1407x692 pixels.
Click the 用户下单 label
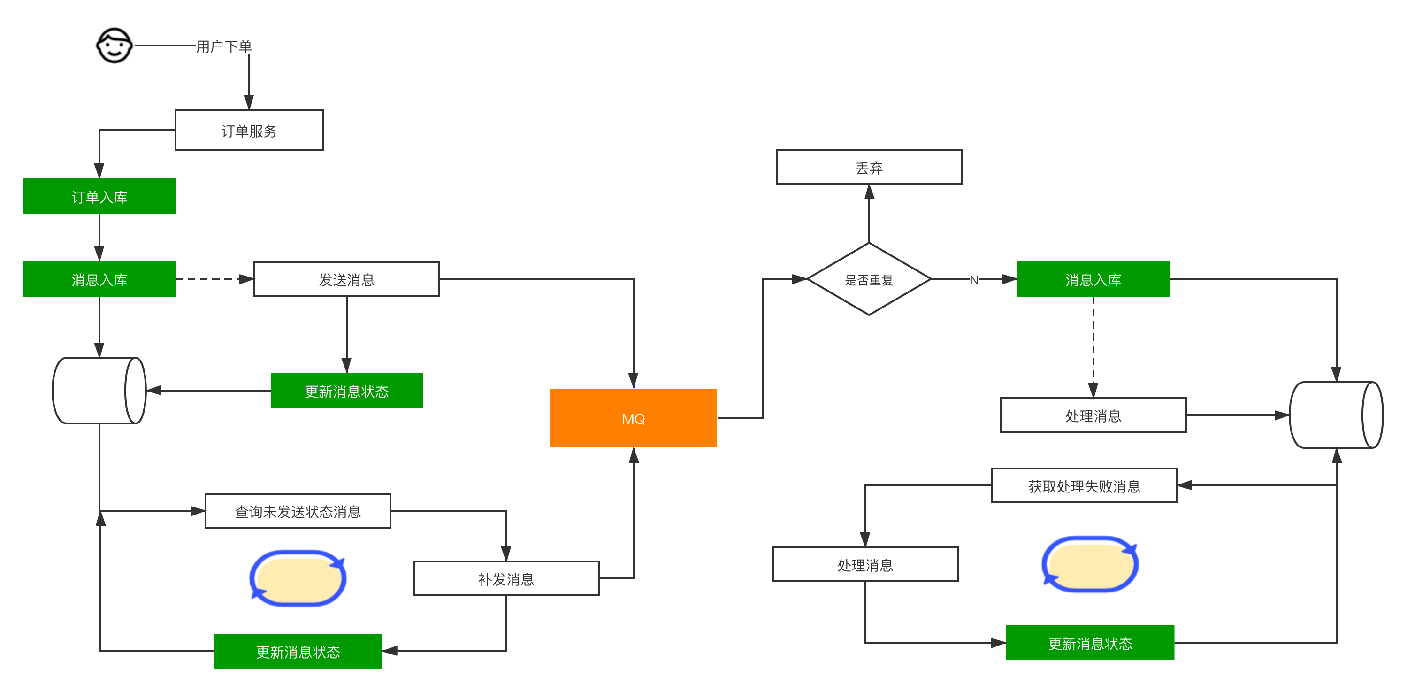pyautogui.click(x=224, y=46)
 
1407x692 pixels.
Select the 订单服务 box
pyautogui.click(x=249, y=131)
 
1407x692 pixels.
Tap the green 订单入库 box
pyautogui.click(x=99, y=197)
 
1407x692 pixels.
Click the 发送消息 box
pyautogui.click(x=346, y=280)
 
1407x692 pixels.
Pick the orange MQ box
pyautogui.click(x=633, y=418)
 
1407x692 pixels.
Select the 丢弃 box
pyautogui.click(x=868, y=168)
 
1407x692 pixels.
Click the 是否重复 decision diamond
pyautogui.click(x=868, y=280)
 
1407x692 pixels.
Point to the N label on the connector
pyautogui.click(x=974, y=280)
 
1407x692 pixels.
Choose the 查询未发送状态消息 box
pyautogui.click(x=298, y=511)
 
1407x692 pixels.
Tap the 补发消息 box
pyautogui.click(x=506, y=578)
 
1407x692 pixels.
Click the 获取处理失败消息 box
pyautogui.click(x=1084, y=485)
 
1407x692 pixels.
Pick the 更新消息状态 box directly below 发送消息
pyautogui.click(x=346, y=391)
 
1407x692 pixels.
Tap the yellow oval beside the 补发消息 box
pyautogui.click(x=298, y=578)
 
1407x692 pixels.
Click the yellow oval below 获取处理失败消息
pyautogui.click(x=1090, y=564)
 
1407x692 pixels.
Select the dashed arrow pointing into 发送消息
pyautogui.click(x=214, y=279)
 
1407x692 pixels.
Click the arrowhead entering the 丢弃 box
pyautogui.click(x=869, y=192)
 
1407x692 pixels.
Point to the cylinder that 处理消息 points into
pyautogui.click(x=1336, y=415)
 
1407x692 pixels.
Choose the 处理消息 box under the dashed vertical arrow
pyautogui.click(x=1093, y=415)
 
